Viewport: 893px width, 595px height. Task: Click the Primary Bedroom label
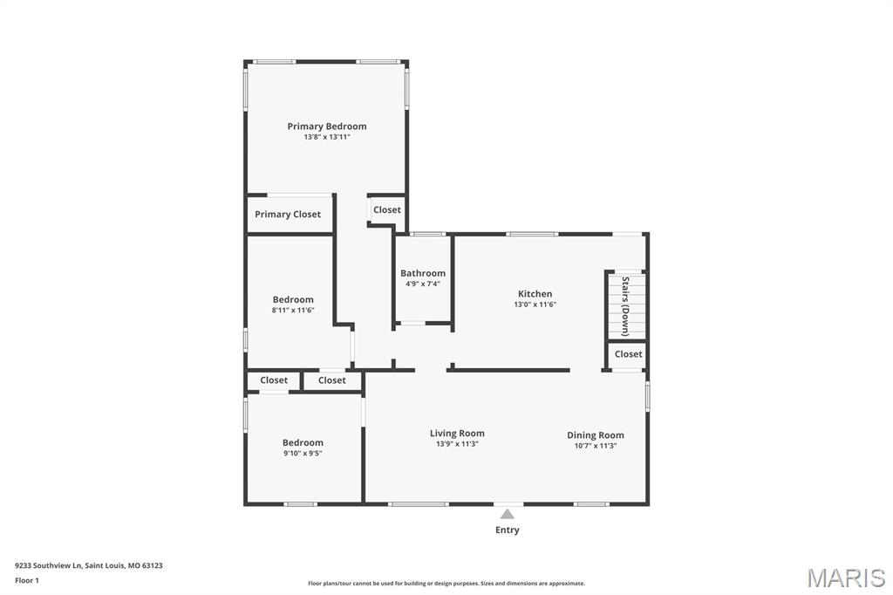(327, 127)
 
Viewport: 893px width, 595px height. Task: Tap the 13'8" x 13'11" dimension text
(327, 137)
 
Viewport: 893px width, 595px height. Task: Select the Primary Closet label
(288, 215)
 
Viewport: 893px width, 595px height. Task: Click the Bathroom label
(423, 273)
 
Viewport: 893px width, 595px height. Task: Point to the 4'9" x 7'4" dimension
(423, 284)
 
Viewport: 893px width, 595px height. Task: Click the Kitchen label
(535, 294)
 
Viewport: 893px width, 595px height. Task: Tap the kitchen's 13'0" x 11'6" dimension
(535, 304)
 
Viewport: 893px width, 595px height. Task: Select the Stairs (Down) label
(625, 306)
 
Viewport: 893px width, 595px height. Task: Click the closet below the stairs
(628, 354)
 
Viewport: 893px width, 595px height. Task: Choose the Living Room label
(457, 433)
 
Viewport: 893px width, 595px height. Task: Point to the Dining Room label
(595, 435)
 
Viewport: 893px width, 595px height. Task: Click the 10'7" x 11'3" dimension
(595, 446)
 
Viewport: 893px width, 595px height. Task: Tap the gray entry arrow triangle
(508, 515)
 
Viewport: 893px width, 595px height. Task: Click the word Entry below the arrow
(508, 530)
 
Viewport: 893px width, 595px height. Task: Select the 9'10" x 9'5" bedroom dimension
(303, 454)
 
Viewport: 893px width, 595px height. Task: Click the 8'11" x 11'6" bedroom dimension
(293, 311)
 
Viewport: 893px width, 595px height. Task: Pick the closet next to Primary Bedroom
(387, 209)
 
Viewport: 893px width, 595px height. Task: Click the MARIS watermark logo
(846, 578)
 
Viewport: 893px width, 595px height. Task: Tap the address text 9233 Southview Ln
(49, 566)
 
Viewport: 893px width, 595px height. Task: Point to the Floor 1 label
(27, 581)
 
